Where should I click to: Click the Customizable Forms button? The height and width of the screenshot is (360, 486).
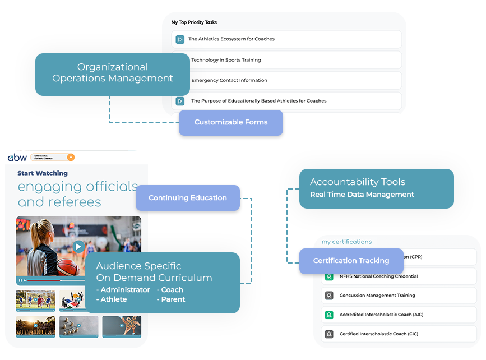pos(230,122)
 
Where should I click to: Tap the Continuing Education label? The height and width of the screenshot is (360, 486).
pos(187,198)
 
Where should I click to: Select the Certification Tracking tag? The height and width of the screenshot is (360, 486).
pos(351,261)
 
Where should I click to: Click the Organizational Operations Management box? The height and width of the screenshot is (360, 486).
pos(113,73)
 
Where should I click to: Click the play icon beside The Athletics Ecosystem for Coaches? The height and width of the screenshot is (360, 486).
pos(180,39)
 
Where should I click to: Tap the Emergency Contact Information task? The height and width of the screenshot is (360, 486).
pos(229,80)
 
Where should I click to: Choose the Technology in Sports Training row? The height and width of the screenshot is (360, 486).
pos(226,60)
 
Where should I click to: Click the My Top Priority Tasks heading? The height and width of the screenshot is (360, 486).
pos(194,22)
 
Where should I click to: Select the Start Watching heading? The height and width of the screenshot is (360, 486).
pos(43,173)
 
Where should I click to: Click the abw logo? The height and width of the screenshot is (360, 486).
pos(17,158)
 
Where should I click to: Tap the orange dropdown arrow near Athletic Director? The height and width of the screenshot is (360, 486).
pos(71,158)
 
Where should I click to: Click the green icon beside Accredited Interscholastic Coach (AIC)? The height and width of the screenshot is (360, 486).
pos(329,315)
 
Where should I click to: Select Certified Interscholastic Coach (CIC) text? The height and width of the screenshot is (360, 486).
pos(378,334)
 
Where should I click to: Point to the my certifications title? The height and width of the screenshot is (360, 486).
pos(346,242)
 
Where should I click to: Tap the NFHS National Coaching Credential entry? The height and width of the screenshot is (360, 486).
pos(378,276)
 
